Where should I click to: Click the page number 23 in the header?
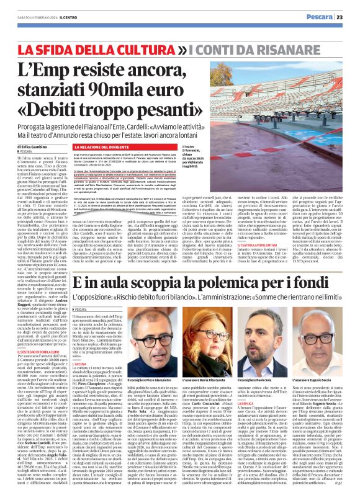point(348,17)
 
